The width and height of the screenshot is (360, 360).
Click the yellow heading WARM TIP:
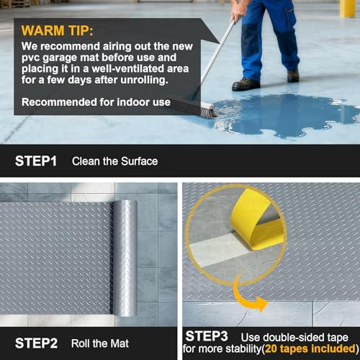pyautogui.click(x=57, y=30)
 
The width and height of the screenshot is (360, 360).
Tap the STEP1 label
pyautogui.click(x=36, y=161)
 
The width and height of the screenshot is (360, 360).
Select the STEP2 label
pyautogui.click(x=36, y=343)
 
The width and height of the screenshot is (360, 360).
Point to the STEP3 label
pyautogui.click(x=207, y=336)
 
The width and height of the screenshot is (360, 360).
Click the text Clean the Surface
pyautogui.click(x=115, y=161)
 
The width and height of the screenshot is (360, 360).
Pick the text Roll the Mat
pyautogui.click(x=100, y=343)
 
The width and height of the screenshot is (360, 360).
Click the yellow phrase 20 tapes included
pyautogui.click(x=310, y=348)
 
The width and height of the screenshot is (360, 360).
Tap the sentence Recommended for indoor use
pyautogui.click(x=96, y=102)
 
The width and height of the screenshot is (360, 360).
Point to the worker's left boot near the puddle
pyautogui.click(x=246, y=84)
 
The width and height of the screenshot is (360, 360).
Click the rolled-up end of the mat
pyautogui.click(x=124, y=258)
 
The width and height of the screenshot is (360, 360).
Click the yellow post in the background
pyautogui.click(x=348, y=9)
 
